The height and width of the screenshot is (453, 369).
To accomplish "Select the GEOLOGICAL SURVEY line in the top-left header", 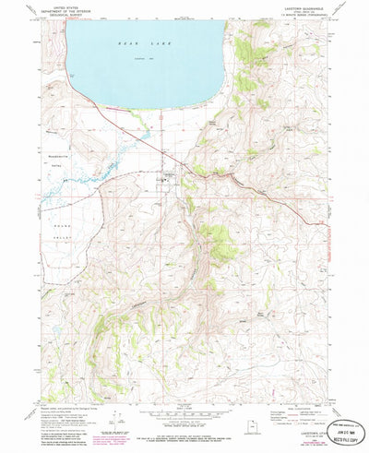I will click(66, 17).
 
